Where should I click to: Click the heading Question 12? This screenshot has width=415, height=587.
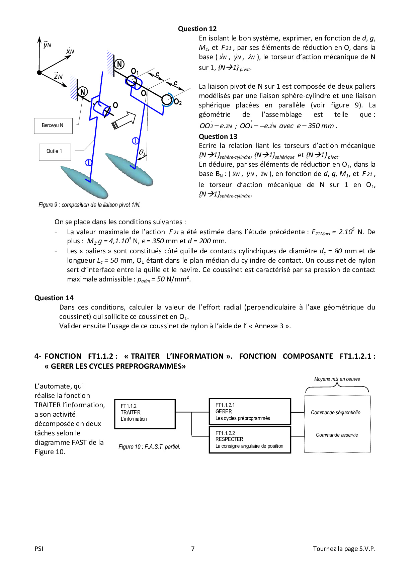197,29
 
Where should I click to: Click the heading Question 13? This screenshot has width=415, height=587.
218,137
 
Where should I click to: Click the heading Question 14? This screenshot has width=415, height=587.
54,298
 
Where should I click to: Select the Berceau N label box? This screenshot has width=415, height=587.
53,125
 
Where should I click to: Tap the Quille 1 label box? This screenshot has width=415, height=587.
55,151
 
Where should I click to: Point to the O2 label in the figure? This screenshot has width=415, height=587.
178,102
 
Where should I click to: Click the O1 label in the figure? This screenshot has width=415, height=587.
135,71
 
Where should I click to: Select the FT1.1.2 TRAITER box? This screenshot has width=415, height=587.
145,414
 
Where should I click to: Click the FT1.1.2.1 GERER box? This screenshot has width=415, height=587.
250,412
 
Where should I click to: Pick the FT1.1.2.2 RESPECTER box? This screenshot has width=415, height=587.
250,439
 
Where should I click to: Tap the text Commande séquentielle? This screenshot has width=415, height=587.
335,412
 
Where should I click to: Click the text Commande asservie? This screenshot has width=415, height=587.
337,435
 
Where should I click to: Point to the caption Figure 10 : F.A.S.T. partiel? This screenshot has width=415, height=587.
149,447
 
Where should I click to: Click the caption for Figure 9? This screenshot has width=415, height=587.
89,205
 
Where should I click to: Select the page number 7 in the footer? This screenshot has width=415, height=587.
193,549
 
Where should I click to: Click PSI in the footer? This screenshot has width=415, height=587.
39,549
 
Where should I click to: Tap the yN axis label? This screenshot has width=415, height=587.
47,45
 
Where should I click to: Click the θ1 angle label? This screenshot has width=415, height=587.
142,153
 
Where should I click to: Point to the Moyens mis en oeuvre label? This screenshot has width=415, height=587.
337,379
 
